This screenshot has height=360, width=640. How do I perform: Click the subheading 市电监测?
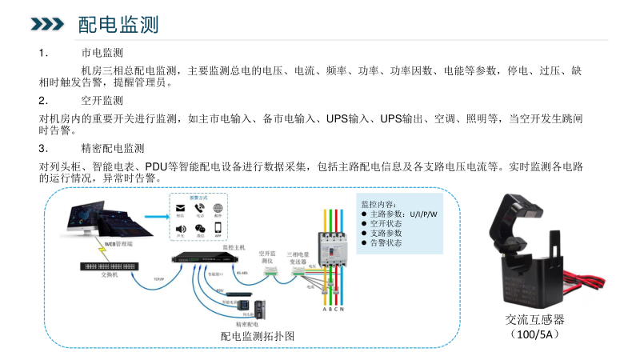pos(102,53)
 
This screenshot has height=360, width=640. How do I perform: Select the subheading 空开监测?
pos(102,101)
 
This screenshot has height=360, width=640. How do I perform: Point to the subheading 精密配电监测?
pos(112,148)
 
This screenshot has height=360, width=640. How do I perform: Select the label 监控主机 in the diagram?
pos(238,248)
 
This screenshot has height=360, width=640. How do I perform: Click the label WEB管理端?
pos(119,242)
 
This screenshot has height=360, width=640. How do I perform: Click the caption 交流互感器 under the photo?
pos(534,320)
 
